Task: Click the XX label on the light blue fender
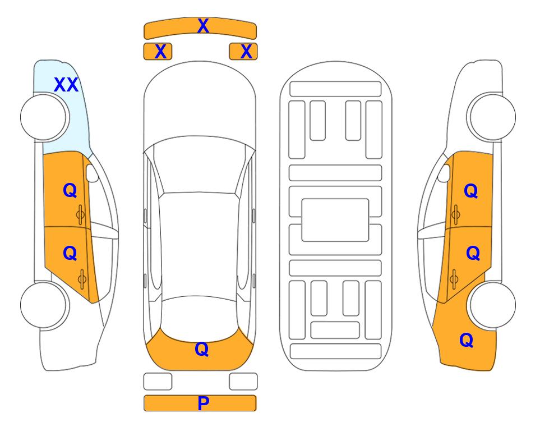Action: coord(66,85)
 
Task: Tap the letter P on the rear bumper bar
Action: coord(203,403)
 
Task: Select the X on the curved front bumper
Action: coord(203,26)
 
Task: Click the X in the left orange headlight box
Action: coord(160,52)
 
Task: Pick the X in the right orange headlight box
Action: coord(246,52)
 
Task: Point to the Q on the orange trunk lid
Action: coord(202,349)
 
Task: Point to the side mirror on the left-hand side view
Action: coord(92,173)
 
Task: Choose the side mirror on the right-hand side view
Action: coord(444,173)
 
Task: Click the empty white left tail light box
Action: coord(158,382)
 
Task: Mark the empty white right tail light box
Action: coord(243,382)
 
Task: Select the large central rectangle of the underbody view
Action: coord(335,220)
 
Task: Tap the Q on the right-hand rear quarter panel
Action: coord(467,340)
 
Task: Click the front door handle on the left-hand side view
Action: coord(80,214)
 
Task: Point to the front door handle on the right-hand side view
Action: coord(455,214)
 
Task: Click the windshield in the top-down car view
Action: coord(200,166)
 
